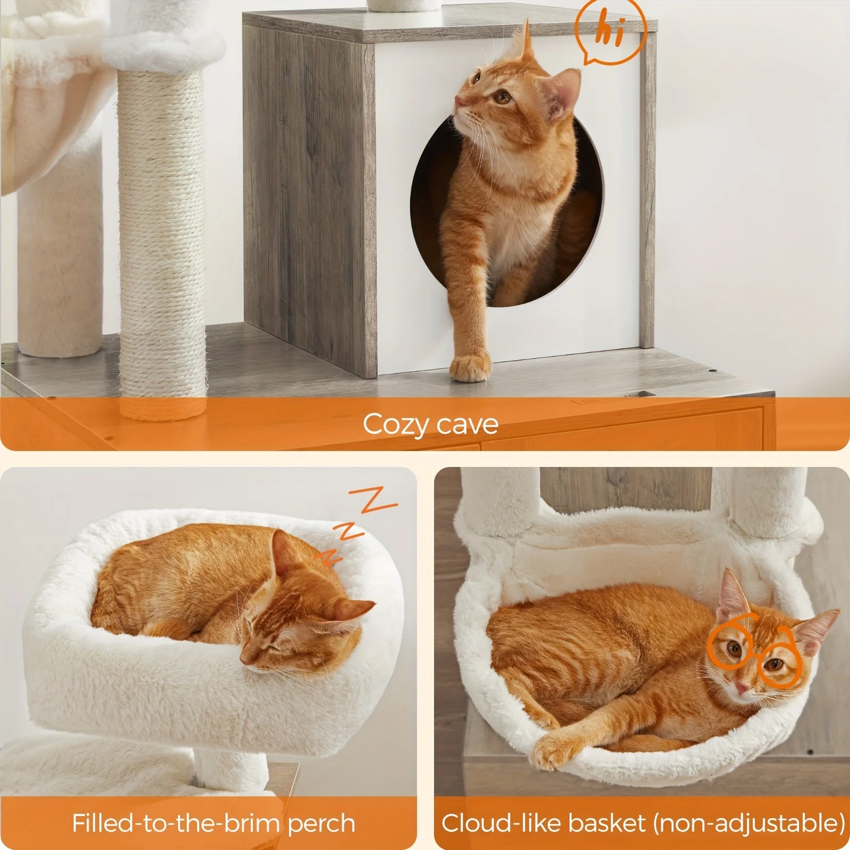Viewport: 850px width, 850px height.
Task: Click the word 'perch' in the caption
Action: (321, 823)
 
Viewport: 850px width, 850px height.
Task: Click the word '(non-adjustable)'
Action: (749, 823)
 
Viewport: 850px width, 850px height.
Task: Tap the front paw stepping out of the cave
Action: (470, 367)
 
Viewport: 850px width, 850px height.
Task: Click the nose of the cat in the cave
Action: (458, 100)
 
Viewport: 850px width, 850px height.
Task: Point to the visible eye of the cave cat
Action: (500, 97)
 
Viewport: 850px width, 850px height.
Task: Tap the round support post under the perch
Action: (231, 770)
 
